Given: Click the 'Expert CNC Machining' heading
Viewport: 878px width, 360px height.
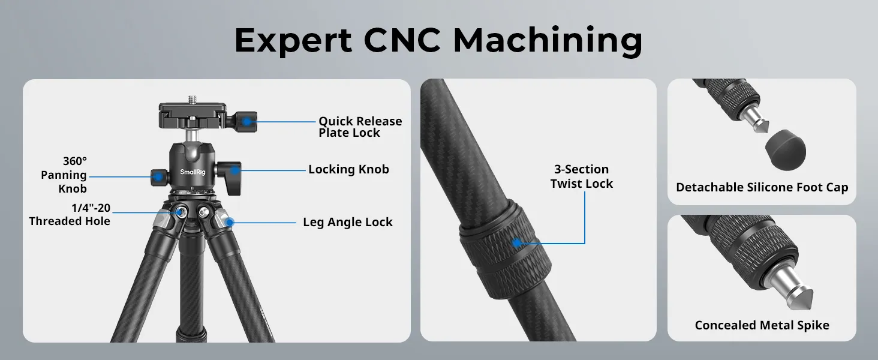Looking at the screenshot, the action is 438,40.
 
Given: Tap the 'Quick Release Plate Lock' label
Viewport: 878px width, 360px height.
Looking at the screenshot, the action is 360,127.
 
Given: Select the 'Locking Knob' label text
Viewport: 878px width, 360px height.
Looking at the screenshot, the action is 348,169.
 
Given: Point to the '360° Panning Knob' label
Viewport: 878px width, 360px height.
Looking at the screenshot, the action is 64,175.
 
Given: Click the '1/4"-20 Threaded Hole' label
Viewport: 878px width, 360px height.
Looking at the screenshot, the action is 70,215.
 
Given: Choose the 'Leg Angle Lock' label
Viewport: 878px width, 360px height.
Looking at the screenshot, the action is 348,223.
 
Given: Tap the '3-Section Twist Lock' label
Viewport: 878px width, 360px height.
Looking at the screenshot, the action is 582,176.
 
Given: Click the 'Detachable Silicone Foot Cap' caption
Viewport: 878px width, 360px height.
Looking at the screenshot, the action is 762,187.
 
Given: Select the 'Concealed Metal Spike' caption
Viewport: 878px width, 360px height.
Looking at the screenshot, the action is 762,325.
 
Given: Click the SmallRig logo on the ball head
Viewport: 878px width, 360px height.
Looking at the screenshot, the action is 193,172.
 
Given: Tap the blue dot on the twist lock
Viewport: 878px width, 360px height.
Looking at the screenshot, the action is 518,243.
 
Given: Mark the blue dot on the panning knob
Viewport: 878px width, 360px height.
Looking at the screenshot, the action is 158,177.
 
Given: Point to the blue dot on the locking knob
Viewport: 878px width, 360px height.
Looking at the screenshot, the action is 234,170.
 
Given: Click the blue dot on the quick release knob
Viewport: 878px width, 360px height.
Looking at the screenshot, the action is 246,122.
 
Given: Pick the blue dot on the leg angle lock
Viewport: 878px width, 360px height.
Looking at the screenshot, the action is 230,223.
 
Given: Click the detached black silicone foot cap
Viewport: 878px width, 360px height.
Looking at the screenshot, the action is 786,150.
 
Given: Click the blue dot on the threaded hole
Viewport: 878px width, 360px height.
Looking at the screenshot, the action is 180,212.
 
